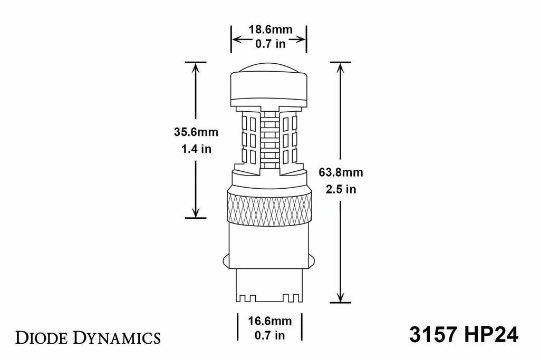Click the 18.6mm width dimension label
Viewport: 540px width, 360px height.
(x=271, y=30)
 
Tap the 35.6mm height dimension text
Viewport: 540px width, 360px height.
(x=196, y=132)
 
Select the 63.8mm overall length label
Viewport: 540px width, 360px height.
(x=341, y=172)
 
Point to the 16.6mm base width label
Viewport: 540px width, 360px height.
(x=269, y=321)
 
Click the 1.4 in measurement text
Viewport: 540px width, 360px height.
(x=196, y=149)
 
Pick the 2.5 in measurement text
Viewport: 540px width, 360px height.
(x=341, y=189)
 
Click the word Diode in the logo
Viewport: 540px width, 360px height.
(x=42, y=338)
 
